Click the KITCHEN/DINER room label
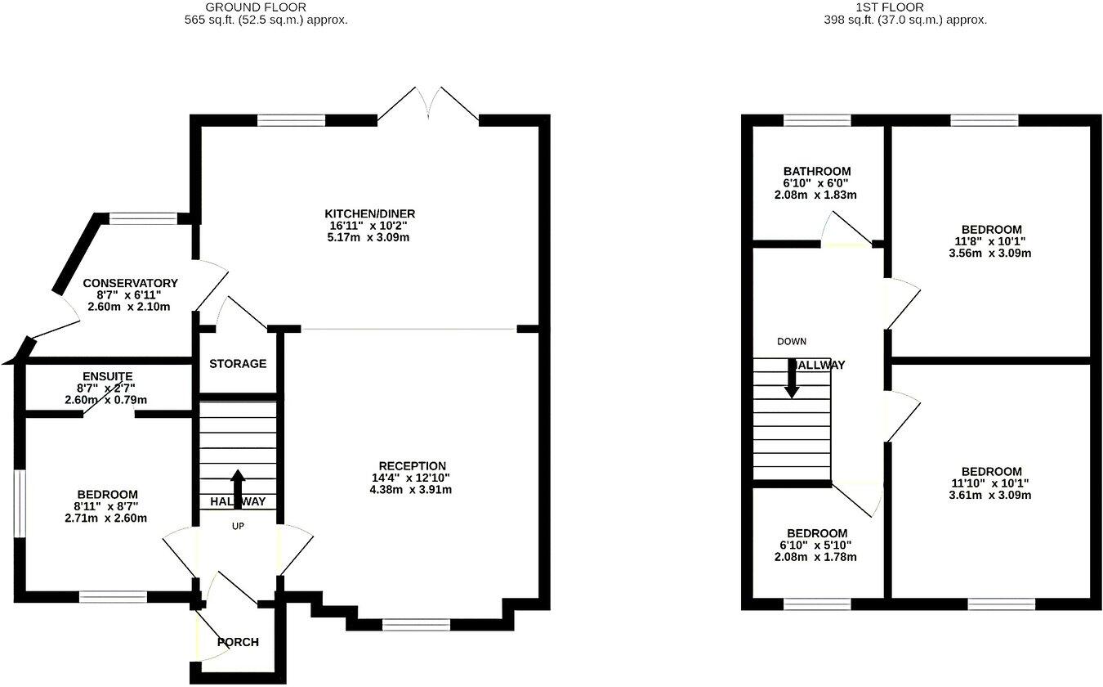[x=375, y=214]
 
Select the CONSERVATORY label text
[x=131, y=283]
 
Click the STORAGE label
[x=238, y=364]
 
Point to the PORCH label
[x=238, y=642]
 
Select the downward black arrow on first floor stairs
[x=792, y=380]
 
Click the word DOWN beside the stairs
[x=792, y=341]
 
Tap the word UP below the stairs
[x=238, y=526]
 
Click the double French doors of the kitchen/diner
[x=428, y=102]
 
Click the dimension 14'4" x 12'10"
[x=411, y=478]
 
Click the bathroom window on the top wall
[x=817, y=120]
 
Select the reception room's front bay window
[x=416, y=625]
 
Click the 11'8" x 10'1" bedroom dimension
[x=990, y=241]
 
